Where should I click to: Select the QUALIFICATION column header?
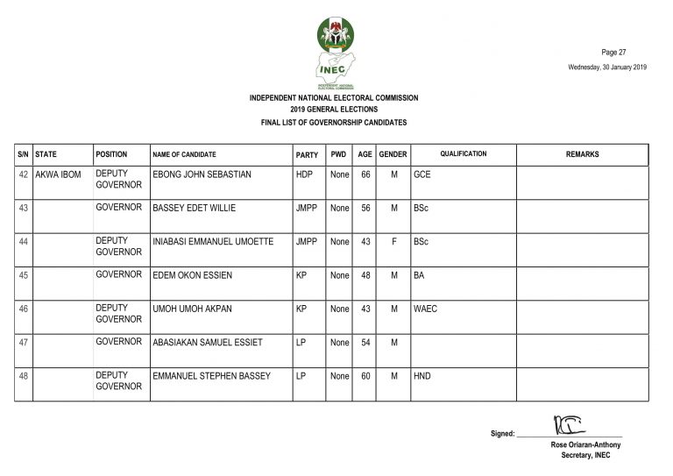[463, 154]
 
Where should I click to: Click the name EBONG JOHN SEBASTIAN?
[202, 175]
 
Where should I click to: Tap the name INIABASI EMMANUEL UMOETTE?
[213, 241]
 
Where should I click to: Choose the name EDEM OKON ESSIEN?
[191, 275]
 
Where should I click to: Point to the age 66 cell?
[366, 175]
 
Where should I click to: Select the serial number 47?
[24, 343]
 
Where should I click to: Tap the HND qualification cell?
[422, 377]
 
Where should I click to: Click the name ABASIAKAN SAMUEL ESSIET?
[207, 343]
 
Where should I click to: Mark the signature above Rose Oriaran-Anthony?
[567, 427]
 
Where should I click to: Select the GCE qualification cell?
[422, 175]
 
